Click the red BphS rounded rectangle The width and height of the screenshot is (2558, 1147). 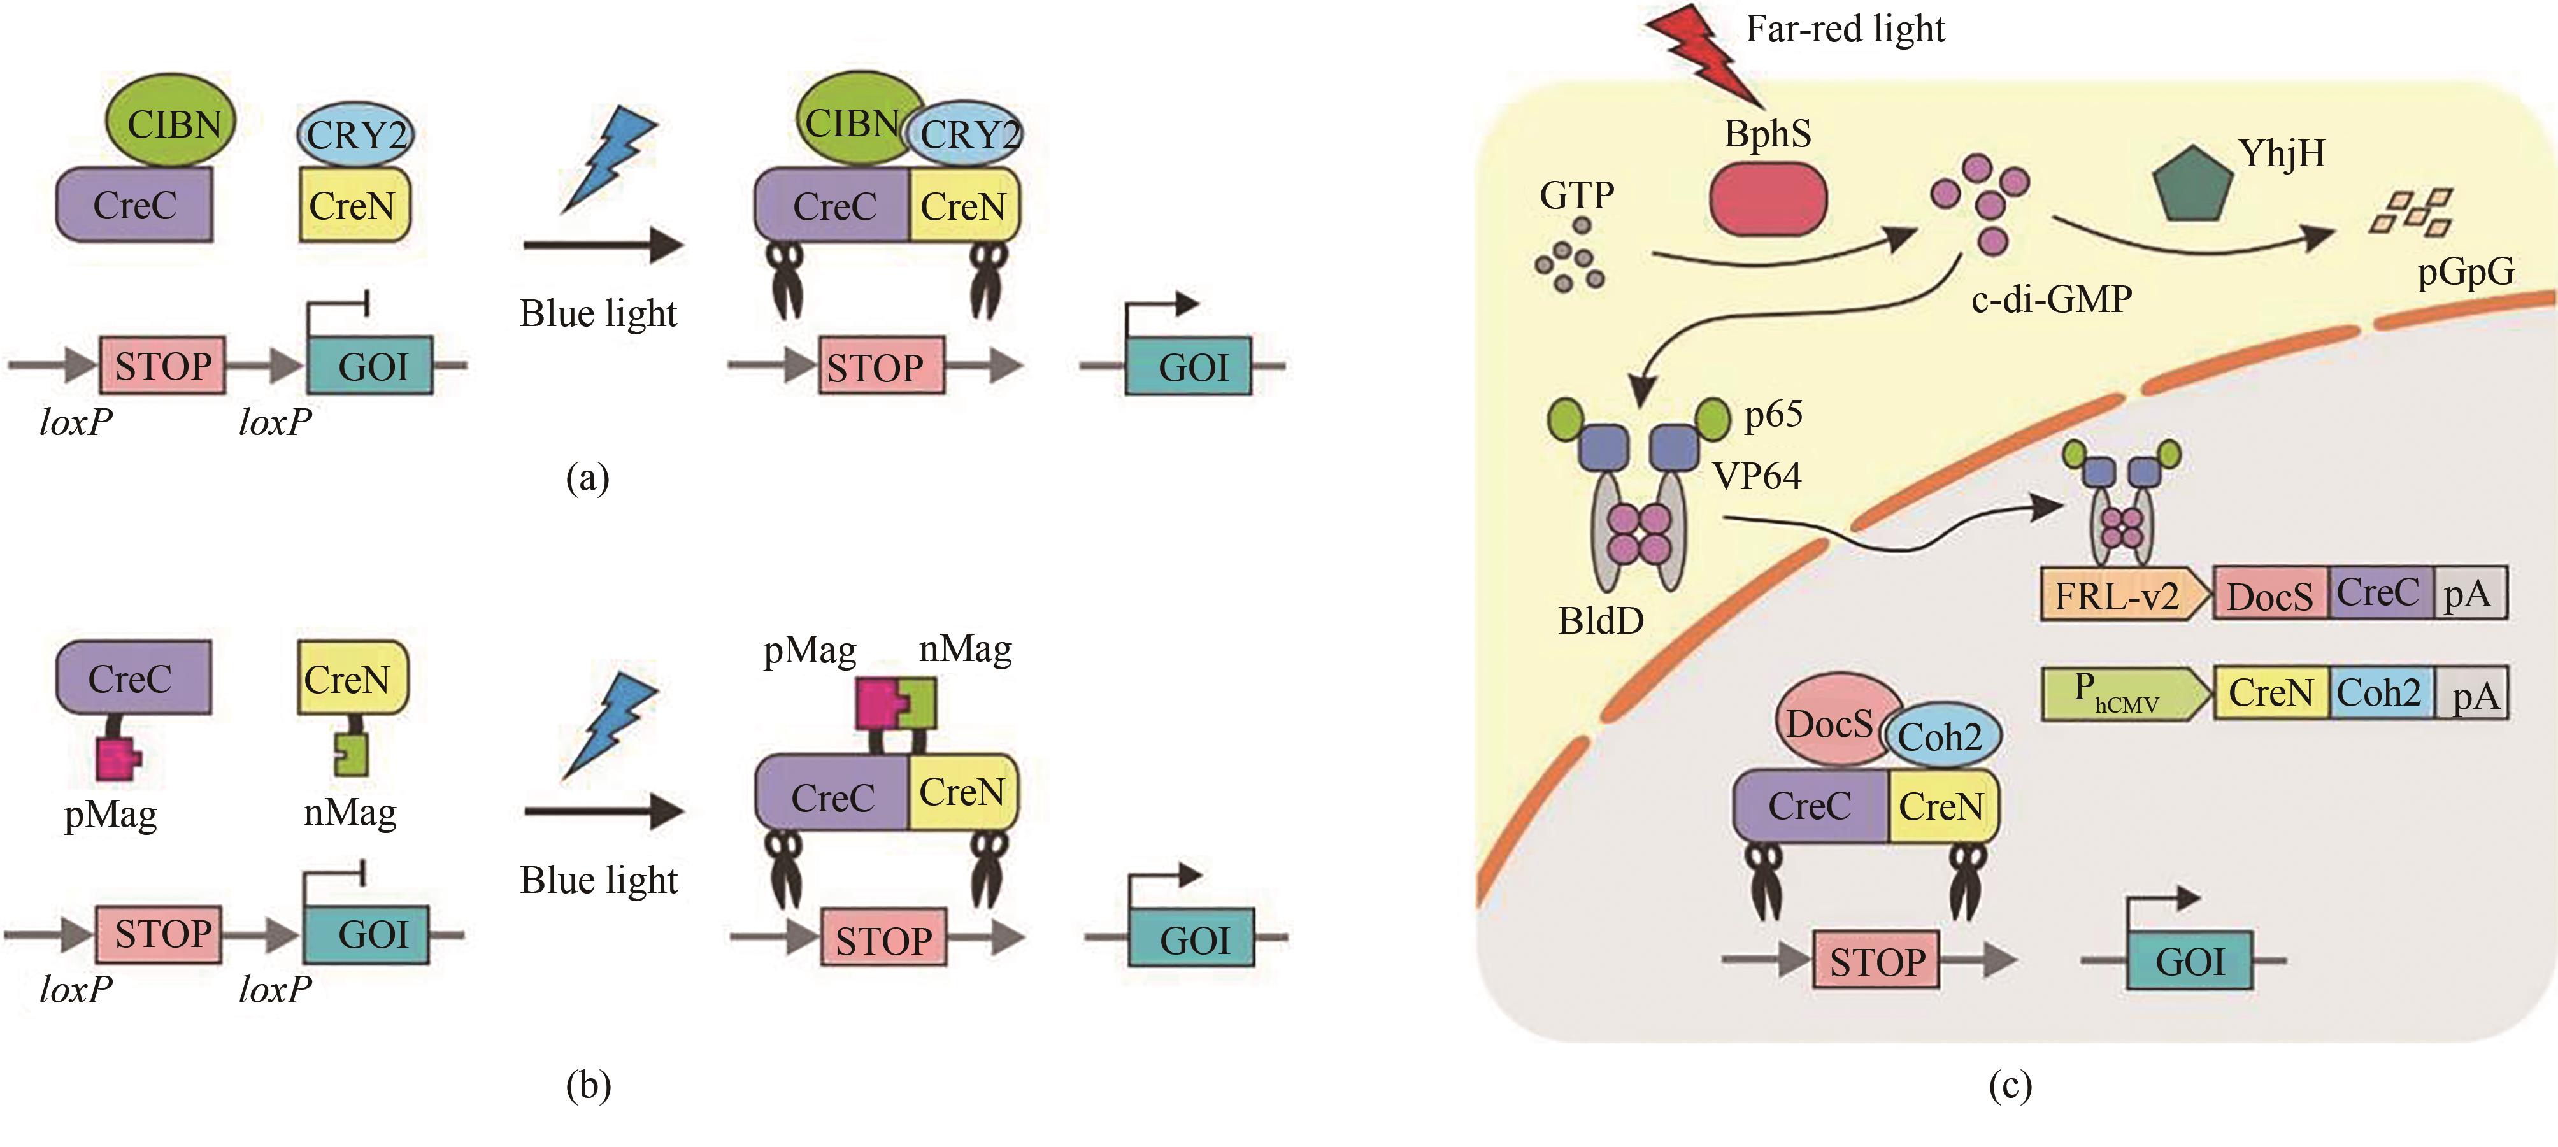point(1768,199)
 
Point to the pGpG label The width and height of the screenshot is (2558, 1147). point(2466,271)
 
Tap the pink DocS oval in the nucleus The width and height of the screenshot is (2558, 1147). point(1829,722)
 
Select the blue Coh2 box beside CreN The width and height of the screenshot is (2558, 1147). point(2379,692)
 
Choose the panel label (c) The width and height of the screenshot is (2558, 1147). point(2010,1085)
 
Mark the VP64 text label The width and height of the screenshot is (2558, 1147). point(1757,476)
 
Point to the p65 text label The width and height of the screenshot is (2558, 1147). point(1773,414)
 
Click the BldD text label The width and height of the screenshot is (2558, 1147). point(1601,621)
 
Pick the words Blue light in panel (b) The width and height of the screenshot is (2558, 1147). point(599,880)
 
